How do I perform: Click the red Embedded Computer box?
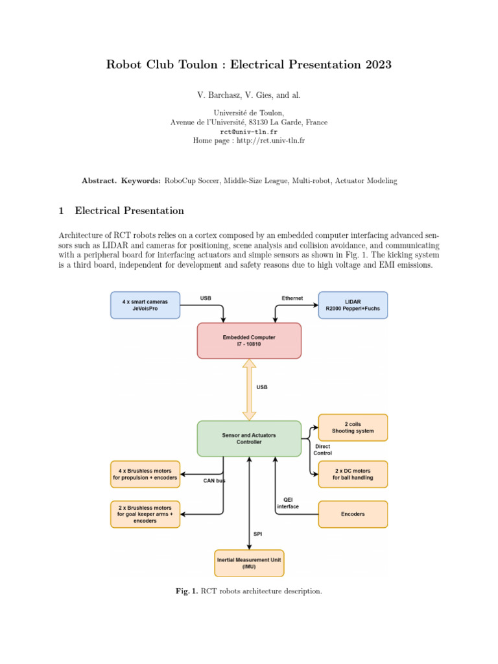tap(249, 340)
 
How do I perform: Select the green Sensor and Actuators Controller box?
tap(249, 438)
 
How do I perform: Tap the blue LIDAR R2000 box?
tap(353, 305)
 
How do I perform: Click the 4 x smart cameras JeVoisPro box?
tap(145, 305)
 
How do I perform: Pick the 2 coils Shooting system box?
tap(353, 427)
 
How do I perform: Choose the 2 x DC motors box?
tap(353, 474)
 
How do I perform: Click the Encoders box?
tap(353, 514)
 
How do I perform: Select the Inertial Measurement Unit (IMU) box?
tap(249, 563)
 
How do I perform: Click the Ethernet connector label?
tap(292, 298)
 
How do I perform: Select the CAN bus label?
tap(214, 482)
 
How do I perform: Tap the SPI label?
tap(258, 534)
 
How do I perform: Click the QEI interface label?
tap(288, 503)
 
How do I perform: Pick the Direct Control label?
tap(323, 449)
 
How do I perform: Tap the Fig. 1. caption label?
tap(187, 591)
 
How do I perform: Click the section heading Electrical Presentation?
tap(129, 211)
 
